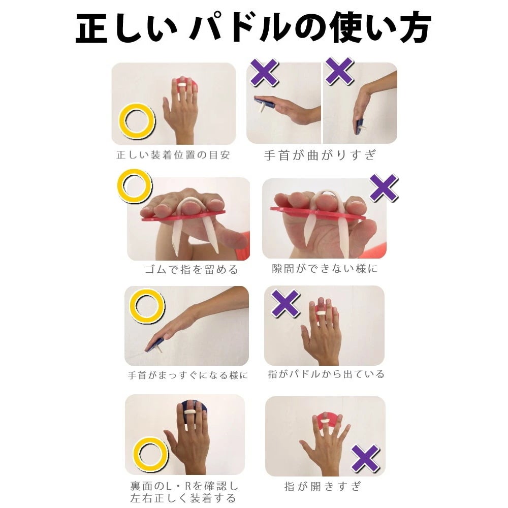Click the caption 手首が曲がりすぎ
[320, 155]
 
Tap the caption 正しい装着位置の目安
[173, 155]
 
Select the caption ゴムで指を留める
[192, 269]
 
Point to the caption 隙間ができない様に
[325, 269]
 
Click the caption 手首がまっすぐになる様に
[187, 375]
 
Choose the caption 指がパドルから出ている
[326, 374]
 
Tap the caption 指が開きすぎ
[323, 486]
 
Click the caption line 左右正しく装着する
[183, 498]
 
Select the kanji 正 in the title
[91, 28]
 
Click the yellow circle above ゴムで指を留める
[135, 186]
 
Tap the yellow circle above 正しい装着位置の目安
[137, 121]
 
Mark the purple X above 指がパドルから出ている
[285, 304]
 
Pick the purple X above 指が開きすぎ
[365, 459]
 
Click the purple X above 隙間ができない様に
[384, 188]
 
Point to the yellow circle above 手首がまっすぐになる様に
[147, 306]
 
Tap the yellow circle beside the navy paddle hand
[151, 455]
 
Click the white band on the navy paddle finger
[189, 412]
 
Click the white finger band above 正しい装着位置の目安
[182, 85]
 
